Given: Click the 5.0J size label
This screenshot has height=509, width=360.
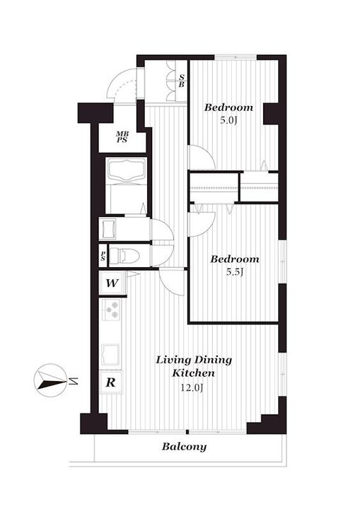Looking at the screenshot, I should click(228, 121).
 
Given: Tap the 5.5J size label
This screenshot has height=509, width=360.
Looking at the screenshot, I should click(235, 272).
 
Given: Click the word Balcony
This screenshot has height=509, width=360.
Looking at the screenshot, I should click(184, 446).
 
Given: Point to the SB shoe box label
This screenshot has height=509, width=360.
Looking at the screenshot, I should click(181, 80).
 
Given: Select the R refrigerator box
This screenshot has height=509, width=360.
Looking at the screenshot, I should click(111, 382).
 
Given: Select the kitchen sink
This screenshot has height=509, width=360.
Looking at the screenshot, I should click(111, 351).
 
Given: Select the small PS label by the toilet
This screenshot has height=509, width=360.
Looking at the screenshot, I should click(103, 256).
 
